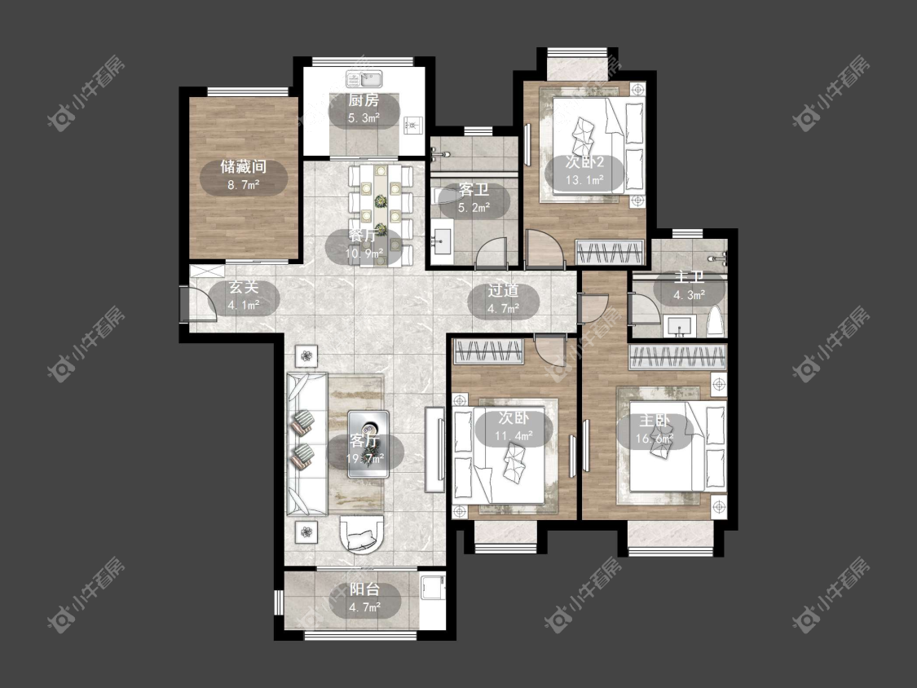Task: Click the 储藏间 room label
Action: (x=243, y=167)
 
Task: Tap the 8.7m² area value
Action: (x=243, y=186)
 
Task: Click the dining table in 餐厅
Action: (x=381, y=214)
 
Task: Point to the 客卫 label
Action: (x=474, y=190)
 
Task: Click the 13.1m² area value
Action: (x=584, y=180)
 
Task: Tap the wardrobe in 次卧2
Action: (x=610, y=252)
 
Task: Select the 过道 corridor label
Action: (x=503, y=290)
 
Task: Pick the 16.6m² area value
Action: (x=655, y=439)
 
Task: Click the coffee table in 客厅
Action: (x=368, y=444)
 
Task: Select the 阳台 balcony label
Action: (x=365, y=589)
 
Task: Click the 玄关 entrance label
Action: (x=243, y=287)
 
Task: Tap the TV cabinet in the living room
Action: (x=435, y=449)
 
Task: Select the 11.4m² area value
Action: (x=514, y=436)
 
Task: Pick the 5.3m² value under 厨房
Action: (x=364, y=118)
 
